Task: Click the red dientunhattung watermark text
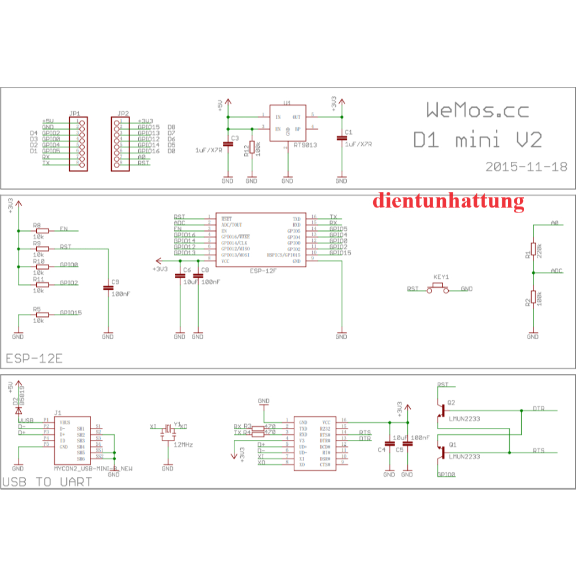[449, 201]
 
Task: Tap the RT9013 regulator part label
[305, 146]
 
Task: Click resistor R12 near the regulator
[251, 149]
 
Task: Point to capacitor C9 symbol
[108, 287]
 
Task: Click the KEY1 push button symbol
[438, 289]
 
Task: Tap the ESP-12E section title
[33, 358]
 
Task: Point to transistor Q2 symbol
[442, 410]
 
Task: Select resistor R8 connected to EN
[42, 232]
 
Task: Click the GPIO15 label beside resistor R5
[70, 313]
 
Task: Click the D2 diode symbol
[18, 411]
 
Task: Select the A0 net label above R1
[555, 222]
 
